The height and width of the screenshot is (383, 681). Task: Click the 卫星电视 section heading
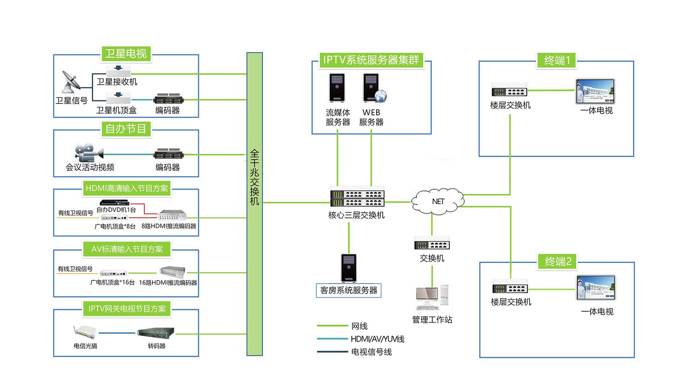pyautogui.click(x=126, y=54)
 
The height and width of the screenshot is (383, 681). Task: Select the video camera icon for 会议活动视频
pyautogui.click(x=88, y=153)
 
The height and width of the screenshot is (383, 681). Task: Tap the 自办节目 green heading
pyautogui.click(x=126, y=128)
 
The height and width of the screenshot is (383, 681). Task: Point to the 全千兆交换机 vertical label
pyautogui.click(x=255, y=177)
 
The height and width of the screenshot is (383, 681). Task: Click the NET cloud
pyautogui.click(x=438, y=201)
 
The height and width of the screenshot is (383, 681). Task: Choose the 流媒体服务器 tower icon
pyautogui.click(x=337, y=88)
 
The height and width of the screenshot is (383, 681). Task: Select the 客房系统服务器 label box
pyautogui.click(x=349, y=290)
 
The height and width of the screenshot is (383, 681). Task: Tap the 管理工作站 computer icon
pyautogui.click(x=432, y=298)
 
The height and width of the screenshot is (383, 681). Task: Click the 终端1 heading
pyautogui.click(x=557, y=60)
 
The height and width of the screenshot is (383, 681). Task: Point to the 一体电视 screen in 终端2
pyautogui.click(x=596, y=288)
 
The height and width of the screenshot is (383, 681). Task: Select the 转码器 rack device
pyautogui.click(x=156, y=333)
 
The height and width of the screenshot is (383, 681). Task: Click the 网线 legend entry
pyautogui.click(x=359, y=326)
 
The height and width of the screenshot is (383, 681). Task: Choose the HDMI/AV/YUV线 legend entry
pyautogui.click(x=377, y=339)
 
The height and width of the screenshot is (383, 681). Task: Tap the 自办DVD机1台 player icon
pyautogui.click(x=114, y=202)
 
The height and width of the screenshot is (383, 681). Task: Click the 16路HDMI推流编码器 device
pyautogui.click(x=172, y=272)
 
